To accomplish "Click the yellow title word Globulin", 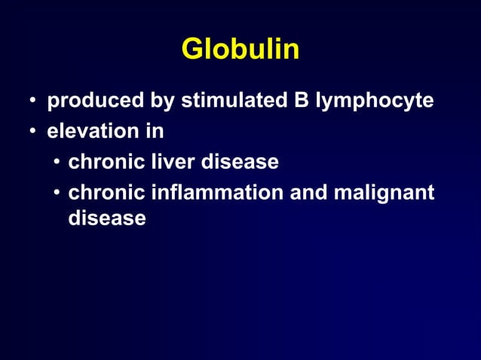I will point(240,50).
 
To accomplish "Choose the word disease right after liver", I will point(240,162).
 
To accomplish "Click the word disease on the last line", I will point(106,218).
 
